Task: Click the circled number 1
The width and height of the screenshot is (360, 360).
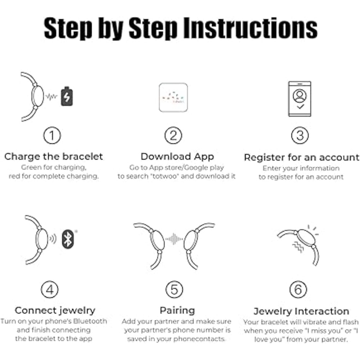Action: [52, 135]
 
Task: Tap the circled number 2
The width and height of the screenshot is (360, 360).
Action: [174, 135]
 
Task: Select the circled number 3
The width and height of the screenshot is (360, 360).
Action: [300, 135]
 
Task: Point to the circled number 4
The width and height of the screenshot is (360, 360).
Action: [50, 289]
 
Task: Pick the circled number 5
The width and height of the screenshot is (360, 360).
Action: [174, 289]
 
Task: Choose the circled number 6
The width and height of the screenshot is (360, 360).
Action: [298, 289]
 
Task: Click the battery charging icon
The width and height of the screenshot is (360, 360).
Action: [67, 96]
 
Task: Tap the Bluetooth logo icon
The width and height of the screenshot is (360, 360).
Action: [68, 239]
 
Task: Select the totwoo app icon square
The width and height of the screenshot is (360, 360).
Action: [174, 98]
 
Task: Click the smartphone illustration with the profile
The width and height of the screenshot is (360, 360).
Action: [300, 99]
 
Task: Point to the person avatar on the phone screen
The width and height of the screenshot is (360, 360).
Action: [300, 96]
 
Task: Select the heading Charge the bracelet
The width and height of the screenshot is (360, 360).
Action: [54, 157]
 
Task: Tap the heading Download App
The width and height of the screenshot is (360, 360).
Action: [177, 157]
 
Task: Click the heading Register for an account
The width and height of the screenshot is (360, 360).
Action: [302, 158]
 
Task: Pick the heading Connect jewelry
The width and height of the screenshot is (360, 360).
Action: [55, 311]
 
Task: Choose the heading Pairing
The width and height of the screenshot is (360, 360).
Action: [177, 311]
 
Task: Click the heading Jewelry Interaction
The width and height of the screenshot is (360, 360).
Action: [301, 311]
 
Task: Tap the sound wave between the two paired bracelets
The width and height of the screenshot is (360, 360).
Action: [174, 239]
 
